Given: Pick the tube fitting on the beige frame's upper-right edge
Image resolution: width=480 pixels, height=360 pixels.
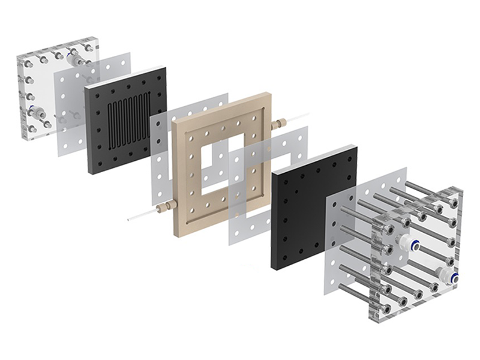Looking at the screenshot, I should [278, 124].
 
